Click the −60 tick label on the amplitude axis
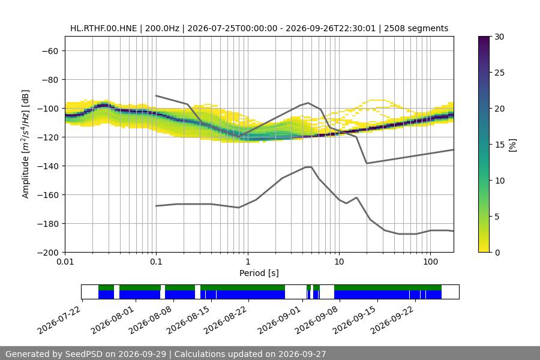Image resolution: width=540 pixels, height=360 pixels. pyautogui.click(x=50, y=51)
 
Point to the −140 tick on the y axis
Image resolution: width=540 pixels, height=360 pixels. pyautogui.click(x=48, y=166)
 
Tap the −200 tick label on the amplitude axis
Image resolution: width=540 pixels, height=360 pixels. pyautogui.click(x=48, y=253)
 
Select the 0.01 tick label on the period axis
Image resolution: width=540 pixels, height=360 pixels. pyautogui.click(x=65, y=262)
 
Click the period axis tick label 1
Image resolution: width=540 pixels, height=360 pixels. pyautogui.click(x=248, y=262)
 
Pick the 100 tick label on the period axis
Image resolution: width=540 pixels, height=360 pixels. pyautogui.click(x=430, y=262)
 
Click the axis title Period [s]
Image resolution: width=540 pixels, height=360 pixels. pyautogui.click(x=259, y=273)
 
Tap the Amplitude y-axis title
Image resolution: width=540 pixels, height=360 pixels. pyautogui.click(x=26, y=144)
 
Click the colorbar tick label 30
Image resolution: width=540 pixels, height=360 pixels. pyautogui.click(x=499, y=37)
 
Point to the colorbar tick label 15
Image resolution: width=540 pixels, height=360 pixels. pyautogui.click(x=499, y=145)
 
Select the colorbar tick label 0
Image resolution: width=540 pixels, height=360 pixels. pyautogui.click(x=497, y=253)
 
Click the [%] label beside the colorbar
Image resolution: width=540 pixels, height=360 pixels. pyautogui.click(x=513, y=145)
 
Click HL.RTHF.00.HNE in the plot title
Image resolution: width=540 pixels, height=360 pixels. pyautogui.click(x=104, y=28)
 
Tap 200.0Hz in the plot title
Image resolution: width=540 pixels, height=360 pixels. pyautogui.click(x=162, y=28)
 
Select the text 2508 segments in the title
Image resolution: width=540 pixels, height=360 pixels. pyautogui.click(x=416, y=28)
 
